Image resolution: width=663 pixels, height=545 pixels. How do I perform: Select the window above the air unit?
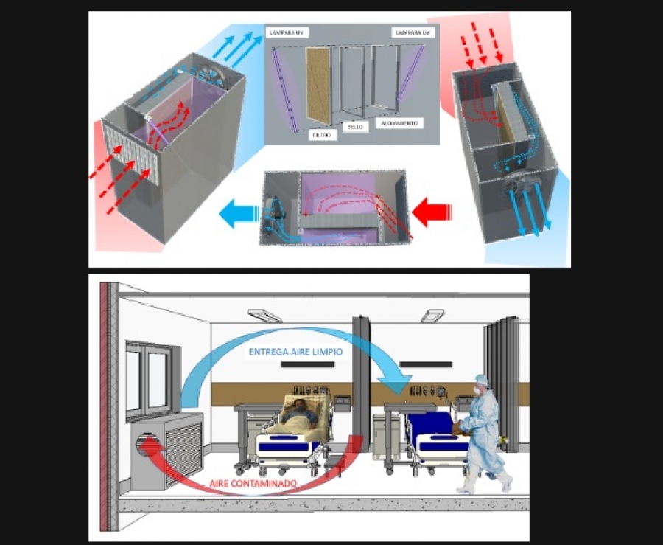coord(147,380)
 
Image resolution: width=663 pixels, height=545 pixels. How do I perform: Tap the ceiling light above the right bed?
coord(431,316)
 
